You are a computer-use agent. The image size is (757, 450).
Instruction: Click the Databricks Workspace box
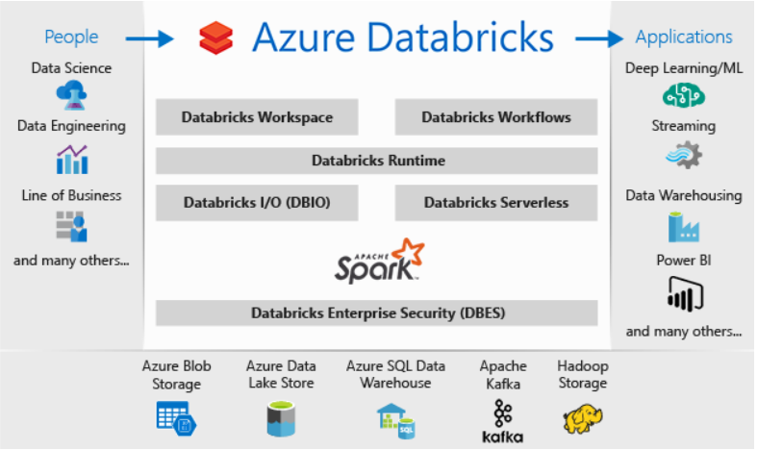257,117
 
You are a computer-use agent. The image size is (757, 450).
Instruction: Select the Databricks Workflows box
496,117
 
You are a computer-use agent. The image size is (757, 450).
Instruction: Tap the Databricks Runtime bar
376,161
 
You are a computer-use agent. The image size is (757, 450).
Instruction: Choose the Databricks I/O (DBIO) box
257,203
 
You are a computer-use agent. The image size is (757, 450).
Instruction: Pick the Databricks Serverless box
496,203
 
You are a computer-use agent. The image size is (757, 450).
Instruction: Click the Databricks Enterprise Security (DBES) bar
376,312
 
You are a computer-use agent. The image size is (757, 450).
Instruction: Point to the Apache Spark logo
380,261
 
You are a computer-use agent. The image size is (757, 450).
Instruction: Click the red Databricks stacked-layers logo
215,37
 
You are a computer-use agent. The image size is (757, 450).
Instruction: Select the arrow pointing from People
150,38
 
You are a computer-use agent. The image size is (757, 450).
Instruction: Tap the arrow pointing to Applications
599,38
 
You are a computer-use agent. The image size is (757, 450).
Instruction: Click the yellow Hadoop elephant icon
583,418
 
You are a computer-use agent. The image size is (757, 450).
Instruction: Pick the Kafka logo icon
502,421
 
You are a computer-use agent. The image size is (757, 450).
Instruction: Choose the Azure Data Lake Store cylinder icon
281,418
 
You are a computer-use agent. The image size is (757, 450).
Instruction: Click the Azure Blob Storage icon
176,418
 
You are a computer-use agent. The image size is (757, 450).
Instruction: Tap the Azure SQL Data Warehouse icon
396,421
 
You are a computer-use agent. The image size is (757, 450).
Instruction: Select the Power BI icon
685,294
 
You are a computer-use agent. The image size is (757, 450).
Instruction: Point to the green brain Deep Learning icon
683,94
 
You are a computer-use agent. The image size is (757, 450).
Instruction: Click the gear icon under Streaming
684,155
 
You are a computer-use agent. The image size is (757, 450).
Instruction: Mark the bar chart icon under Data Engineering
72,160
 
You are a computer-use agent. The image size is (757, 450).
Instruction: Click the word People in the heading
71,37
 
